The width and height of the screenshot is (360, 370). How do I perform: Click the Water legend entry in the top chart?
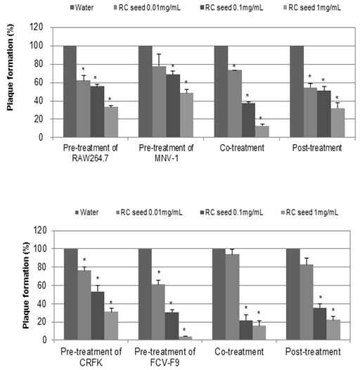click(x=82, y=8)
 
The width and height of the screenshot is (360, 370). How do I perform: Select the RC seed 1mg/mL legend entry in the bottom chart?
click(x=310, y=212)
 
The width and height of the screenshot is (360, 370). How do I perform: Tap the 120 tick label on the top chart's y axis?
click(x=37, y=27)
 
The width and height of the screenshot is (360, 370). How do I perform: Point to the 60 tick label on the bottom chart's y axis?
click(x=41, y=286)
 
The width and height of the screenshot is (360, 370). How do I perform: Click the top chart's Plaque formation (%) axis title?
click(x=10, y=68)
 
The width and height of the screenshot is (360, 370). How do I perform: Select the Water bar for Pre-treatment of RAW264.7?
click(x=70, y=91)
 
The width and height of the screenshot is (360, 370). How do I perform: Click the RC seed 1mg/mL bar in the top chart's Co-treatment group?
click(x=262, y=132)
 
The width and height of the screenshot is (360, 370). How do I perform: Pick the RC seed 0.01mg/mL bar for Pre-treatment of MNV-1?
click(x=159, y=102)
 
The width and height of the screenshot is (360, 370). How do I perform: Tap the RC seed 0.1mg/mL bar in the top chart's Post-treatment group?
click(x=324, y=114)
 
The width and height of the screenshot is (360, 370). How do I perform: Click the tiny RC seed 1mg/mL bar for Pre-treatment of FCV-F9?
click(x=185, y=338)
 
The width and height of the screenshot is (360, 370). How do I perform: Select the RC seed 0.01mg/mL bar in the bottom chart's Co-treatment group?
click(x=232, y=297)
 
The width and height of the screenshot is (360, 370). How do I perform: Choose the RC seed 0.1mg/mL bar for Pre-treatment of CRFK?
click(x=98, y=316)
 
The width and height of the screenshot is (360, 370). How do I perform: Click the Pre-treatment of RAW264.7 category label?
click(x=91, y=153)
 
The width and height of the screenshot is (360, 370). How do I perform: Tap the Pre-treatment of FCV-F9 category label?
click(x=165, y=357)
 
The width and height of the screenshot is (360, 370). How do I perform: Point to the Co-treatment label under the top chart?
click(x=242, y=148)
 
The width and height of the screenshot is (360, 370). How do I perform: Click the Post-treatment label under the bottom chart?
click(x=313, y=352)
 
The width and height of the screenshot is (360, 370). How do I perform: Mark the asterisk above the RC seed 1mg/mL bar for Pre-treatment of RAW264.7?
click(x=110, y=99)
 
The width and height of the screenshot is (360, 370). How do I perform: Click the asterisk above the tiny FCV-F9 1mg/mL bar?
click(x=184, y=330)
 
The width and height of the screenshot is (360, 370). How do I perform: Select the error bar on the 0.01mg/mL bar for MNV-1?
click(x=159, y=60)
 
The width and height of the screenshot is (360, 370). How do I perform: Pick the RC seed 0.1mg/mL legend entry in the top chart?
click(x=231, y=8)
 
